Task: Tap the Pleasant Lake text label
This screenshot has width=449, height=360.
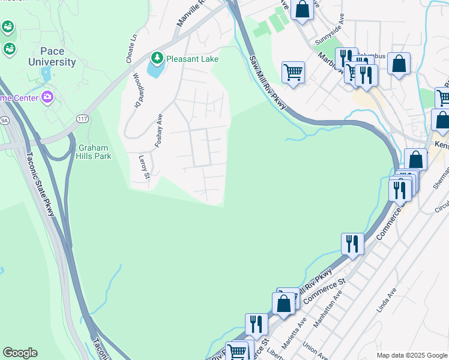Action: [192, 59]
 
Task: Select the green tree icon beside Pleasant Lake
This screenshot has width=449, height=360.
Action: [157, 58]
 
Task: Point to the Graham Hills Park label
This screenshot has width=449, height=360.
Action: [94, 152]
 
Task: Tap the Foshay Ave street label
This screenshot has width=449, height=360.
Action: [159, 130]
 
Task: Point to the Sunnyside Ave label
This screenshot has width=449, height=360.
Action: [329, 35]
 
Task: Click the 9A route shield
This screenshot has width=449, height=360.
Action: [4, 120]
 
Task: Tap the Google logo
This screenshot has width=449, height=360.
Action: [20, 353]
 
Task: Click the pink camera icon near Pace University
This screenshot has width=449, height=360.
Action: [48, 97]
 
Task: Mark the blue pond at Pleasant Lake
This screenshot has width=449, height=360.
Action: [154, 69]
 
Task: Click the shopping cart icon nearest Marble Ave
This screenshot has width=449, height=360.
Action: [292, 72]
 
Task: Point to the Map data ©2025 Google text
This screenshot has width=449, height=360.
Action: [411, 355]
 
